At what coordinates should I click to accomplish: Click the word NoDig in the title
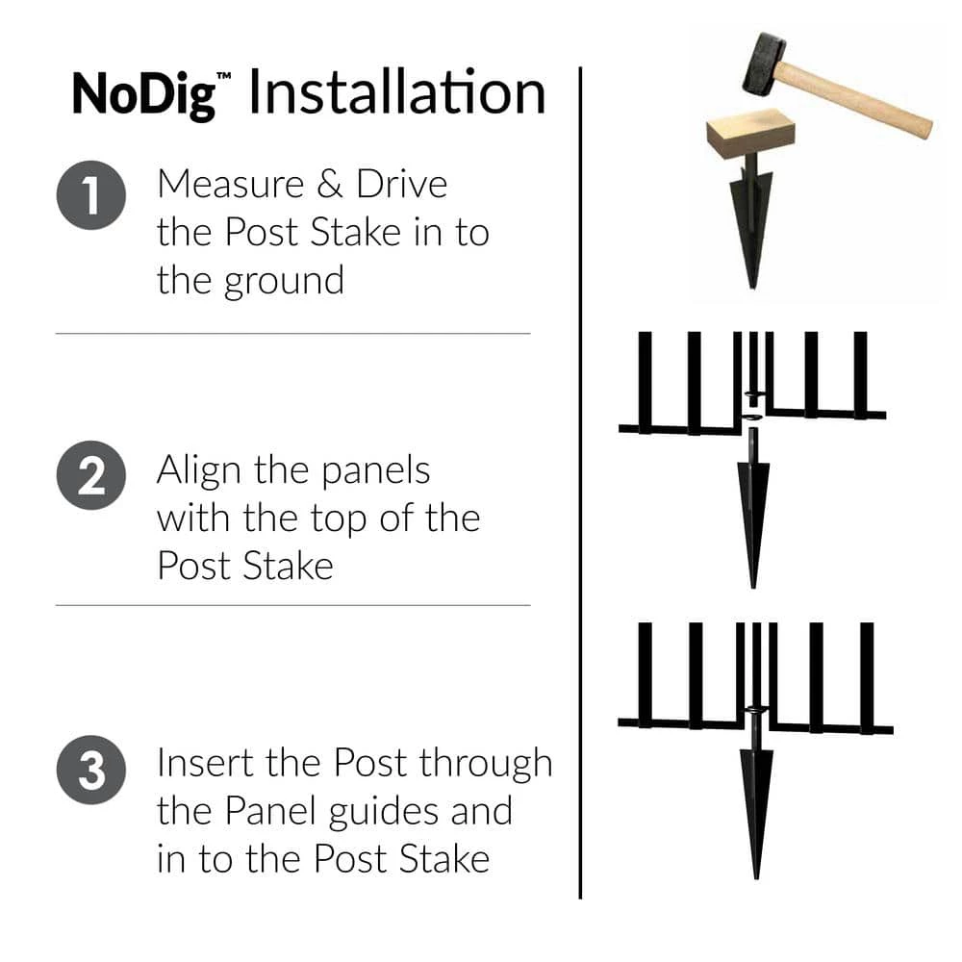[x=143, y=93]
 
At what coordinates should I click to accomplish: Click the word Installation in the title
[x=396, y=93]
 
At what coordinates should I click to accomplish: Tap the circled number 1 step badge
[x=91, y=197]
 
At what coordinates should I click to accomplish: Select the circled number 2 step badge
[x=91, y=476]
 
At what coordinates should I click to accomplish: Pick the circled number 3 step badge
[x=91, y=772]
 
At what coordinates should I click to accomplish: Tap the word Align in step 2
[x=198, y=471]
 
